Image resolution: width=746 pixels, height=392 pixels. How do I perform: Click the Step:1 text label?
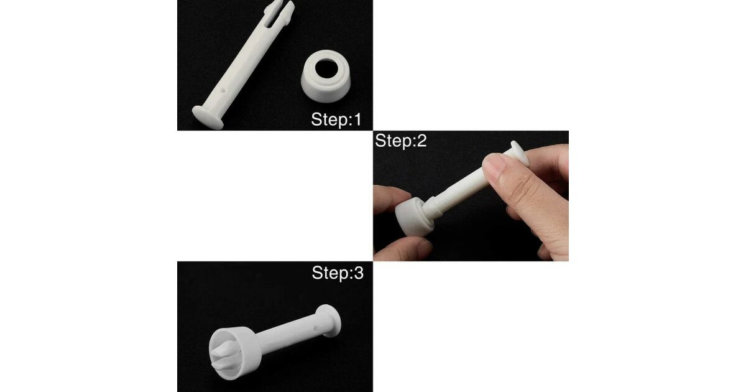[336, 119]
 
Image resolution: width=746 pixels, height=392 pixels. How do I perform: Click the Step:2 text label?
[400, 141]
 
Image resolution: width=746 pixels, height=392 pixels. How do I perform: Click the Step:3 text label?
[338, 273]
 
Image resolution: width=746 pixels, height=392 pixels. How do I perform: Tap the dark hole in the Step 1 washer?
[326, 68]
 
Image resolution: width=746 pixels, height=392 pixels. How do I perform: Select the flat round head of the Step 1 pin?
[208, 118]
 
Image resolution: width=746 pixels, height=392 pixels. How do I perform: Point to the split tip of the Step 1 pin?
[279, 10]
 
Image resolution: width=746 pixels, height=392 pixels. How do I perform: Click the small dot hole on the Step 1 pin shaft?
[223, 90]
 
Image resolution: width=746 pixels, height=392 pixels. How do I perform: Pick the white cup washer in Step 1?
[326, 76]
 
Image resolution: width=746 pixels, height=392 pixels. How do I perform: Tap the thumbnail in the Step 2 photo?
[495, 166]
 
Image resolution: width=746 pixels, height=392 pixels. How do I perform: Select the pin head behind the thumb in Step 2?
[520, 153]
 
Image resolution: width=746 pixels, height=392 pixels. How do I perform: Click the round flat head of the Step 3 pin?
[329, 321]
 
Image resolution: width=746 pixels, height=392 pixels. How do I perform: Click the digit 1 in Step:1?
[357, 119]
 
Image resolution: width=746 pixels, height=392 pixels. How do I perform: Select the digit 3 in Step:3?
[358, 273]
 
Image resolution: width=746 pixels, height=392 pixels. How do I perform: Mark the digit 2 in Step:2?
[421, 141]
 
